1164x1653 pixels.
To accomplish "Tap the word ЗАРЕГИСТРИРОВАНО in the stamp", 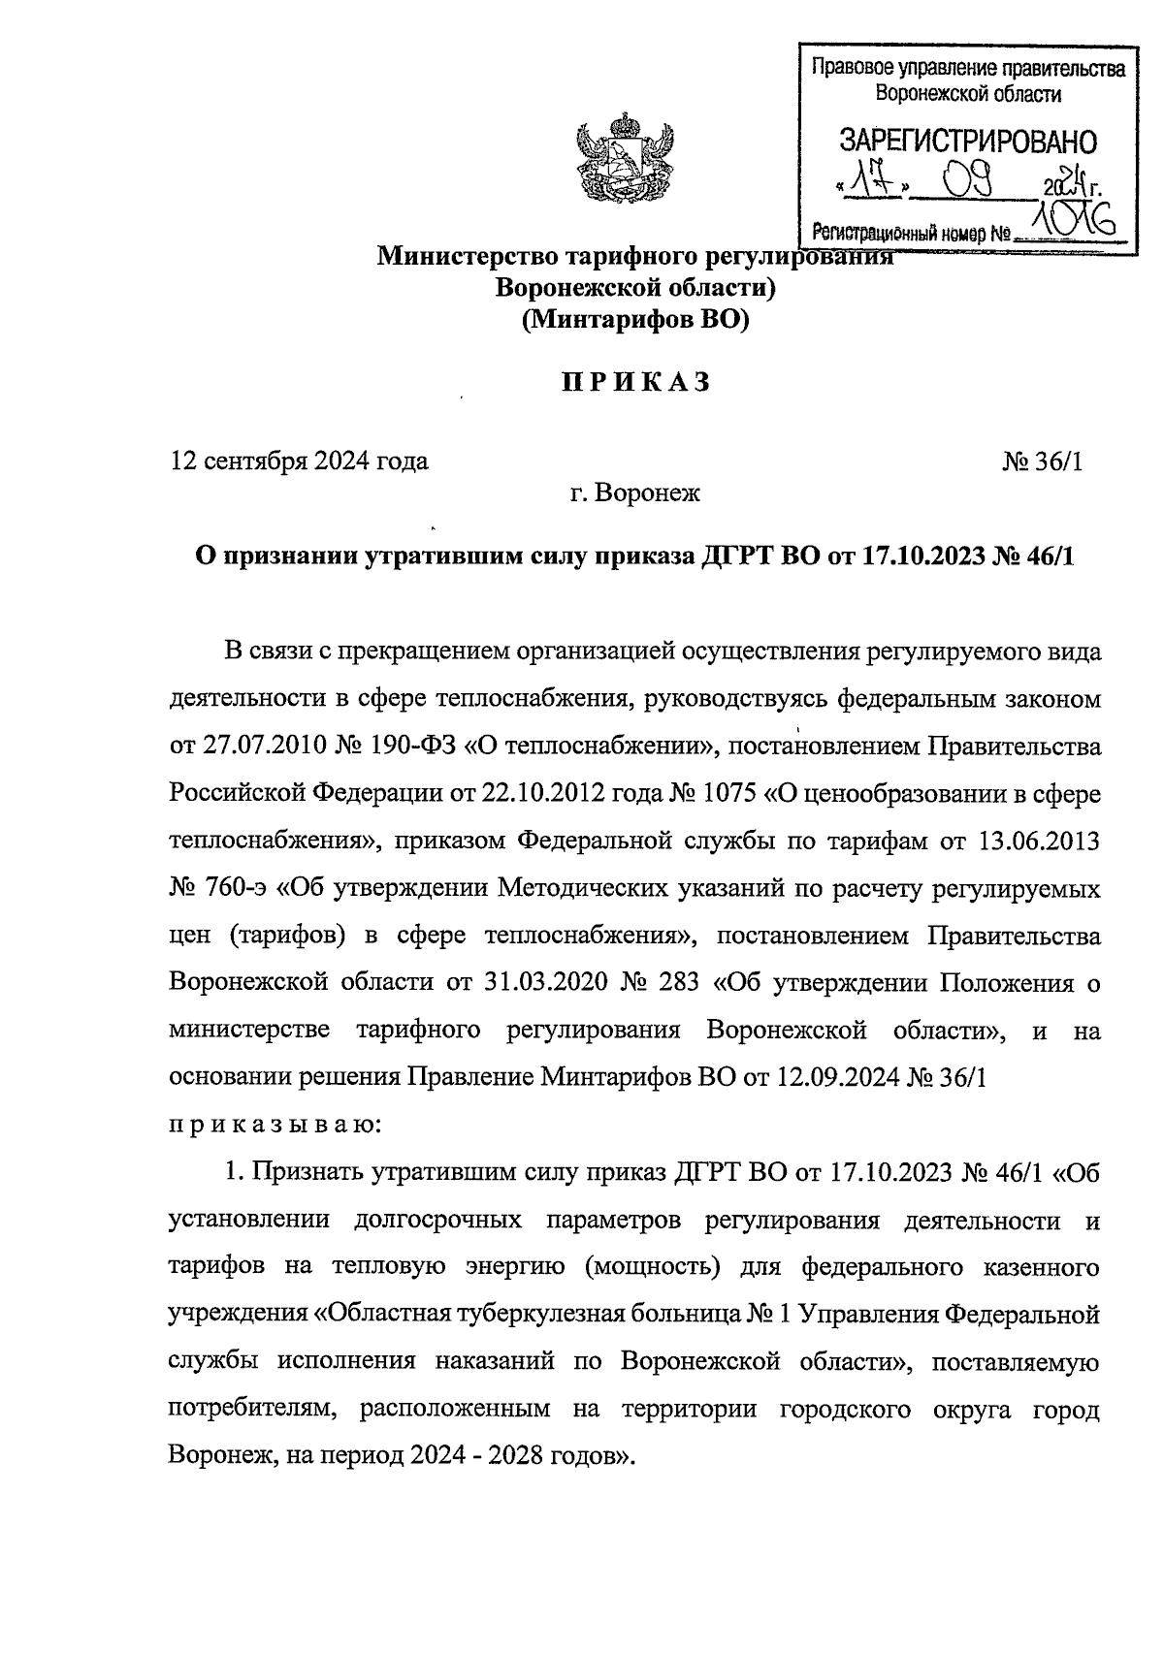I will coord(967,142).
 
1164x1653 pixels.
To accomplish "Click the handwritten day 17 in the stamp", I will coord(867,181).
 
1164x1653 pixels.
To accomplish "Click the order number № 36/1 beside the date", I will coord(1043,461).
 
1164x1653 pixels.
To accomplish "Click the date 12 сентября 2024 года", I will coord(299,461).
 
